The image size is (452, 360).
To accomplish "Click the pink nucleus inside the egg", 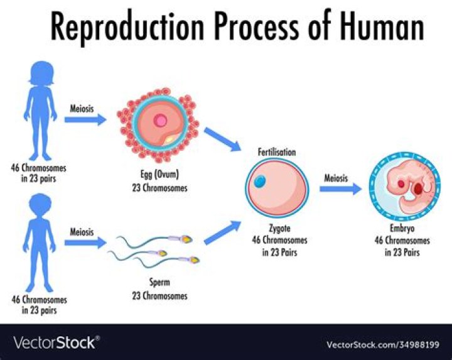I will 161,120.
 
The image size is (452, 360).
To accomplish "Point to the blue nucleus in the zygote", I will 260,182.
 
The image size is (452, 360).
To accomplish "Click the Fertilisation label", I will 277,152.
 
